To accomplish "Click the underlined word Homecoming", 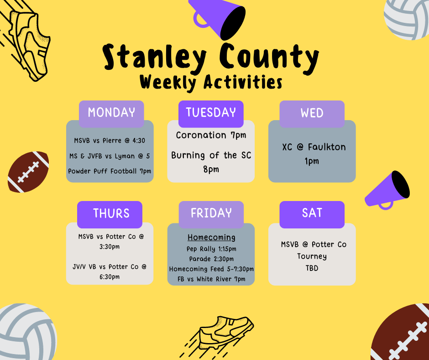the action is coord(211,237).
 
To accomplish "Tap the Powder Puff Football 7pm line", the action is coord(110,171).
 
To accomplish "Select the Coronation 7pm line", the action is coord(211,135).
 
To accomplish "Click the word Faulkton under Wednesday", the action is coord(327,147).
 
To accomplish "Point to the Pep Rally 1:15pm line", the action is coord(211,249).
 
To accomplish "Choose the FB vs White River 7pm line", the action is coord(211,279).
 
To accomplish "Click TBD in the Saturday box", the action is coord(312,268).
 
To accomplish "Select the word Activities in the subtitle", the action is coord(243,82).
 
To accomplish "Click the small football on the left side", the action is coord(28,172).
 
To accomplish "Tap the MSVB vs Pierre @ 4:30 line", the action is coord(110,141).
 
